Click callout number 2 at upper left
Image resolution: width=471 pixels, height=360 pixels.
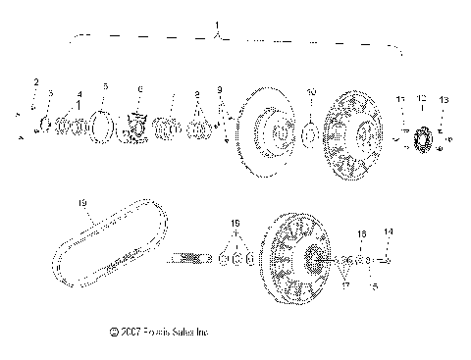click(36, 80)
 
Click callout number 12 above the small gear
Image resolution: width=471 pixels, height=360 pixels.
click(422, 98)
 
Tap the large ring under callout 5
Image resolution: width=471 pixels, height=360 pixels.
click(102, 128)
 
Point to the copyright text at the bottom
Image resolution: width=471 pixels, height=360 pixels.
click(163, 334)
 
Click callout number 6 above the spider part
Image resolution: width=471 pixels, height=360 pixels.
click(140, 89)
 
